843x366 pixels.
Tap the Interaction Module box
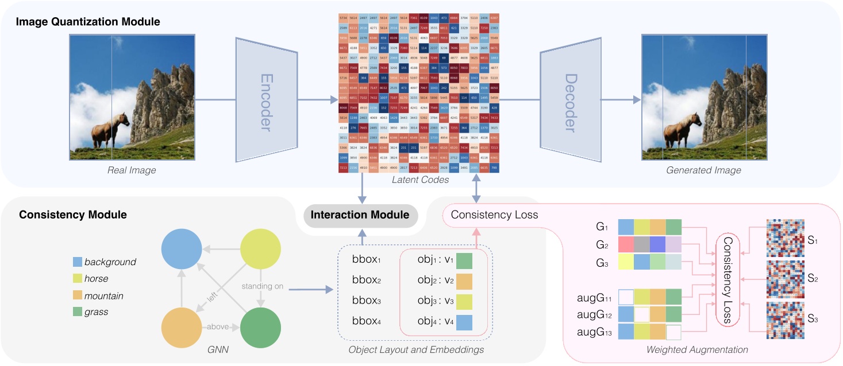[x=360, y=215]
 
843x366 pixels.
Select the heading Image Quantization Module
[x=88, y=22]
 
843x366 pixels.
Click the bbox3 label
[x=367, y=301]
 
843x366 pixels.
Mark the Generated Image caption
[x=703, y=170]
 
